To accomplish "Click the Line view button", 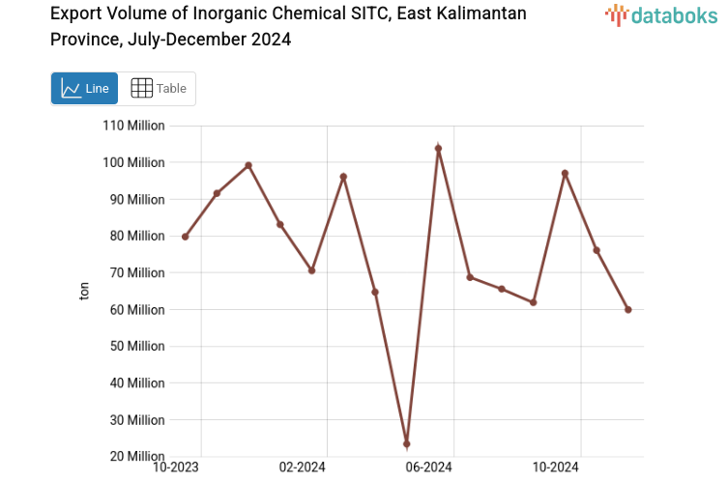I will [x=84, y=89].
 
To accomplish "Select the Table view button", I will [x=158, y=89].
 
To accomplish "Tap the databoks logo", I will [x=661, y=14].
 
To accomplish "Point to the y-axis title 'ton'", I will [x=84, y=291].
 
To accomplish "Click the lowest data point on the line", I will [x=407, y=444].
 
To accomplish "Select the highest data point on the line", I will [x=438, y=149].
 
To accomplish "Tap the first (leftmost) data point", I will [x=185, y=237].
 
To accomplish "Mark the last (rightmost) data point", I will [x=628, y=310].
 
